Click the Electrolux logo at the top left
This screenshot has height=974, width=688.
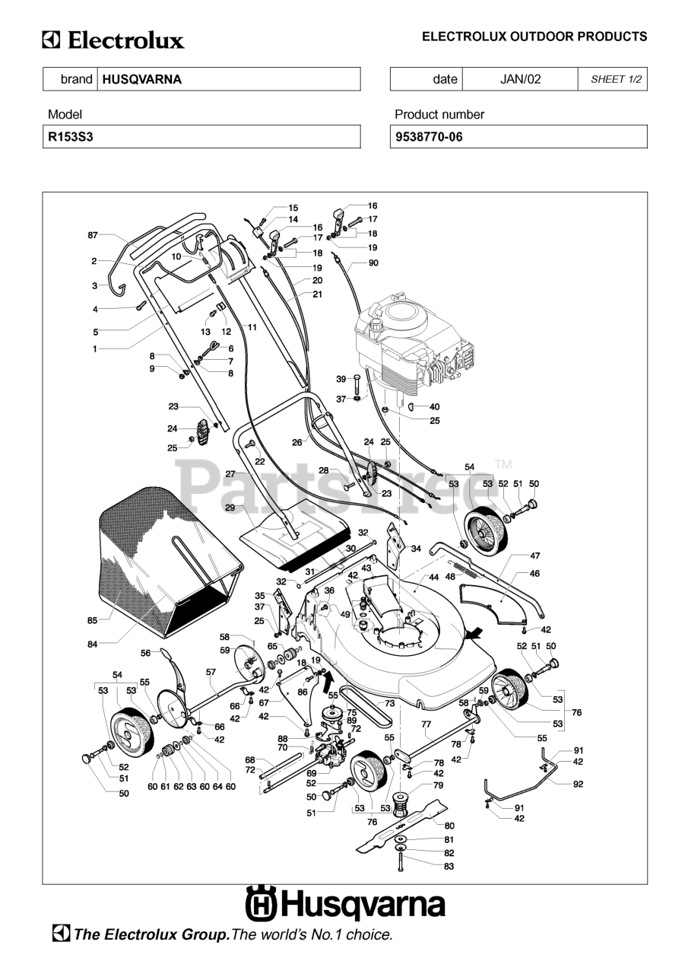[113, 40]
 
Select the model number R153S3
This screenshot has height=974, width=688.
[71, 137]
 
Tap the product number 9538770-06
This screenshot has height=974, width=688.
[429, 137]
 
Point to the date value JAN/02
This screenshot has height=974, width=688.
[520, 79]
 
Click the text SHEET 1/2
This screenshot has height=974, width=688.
[616, 79]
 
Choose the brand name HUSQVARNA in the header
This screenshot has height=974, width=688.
[142, 79]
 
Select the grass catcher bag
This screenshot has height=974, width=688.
[170, 562]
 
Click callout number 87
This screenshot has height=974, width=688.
[93, 235]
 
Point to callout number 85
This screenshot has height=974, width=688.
[92, 620]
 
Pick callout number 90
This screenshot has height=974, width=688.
[373, 263]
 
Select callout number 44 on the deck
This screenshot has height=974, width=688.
[434, 577]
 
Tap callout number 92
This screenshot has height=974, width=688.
[578, 784]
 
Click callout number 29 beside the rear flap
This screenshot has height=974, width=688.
[230, 508]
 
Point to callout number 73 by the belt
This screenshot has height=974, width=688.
[389, 703]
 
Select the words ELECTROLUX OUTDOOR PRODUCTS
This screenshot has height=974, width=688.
[534, 37]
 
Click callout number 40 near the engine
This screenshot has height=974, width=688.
[434, 406]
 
